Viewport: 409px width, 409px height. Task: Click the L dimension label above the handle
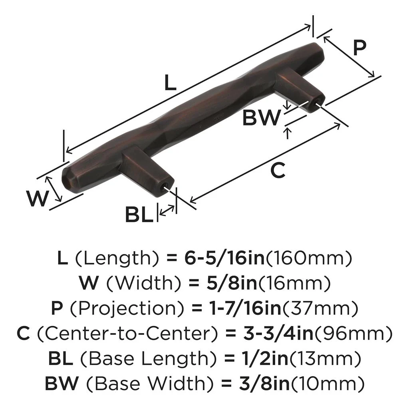(x=170, y=83)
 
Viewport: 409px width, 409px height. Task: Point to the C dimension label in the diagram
(x=277, y=171)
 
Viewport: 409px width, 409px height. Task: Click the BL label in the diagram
(x=139, y=215)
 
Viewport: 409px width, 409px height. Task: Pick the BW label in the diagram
(x=262, y=118)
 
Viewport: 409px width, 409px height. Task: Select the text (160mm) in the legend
(x=309, y=258)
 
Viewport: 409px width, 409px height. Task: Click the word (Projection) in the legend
(x=113, y=309)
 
